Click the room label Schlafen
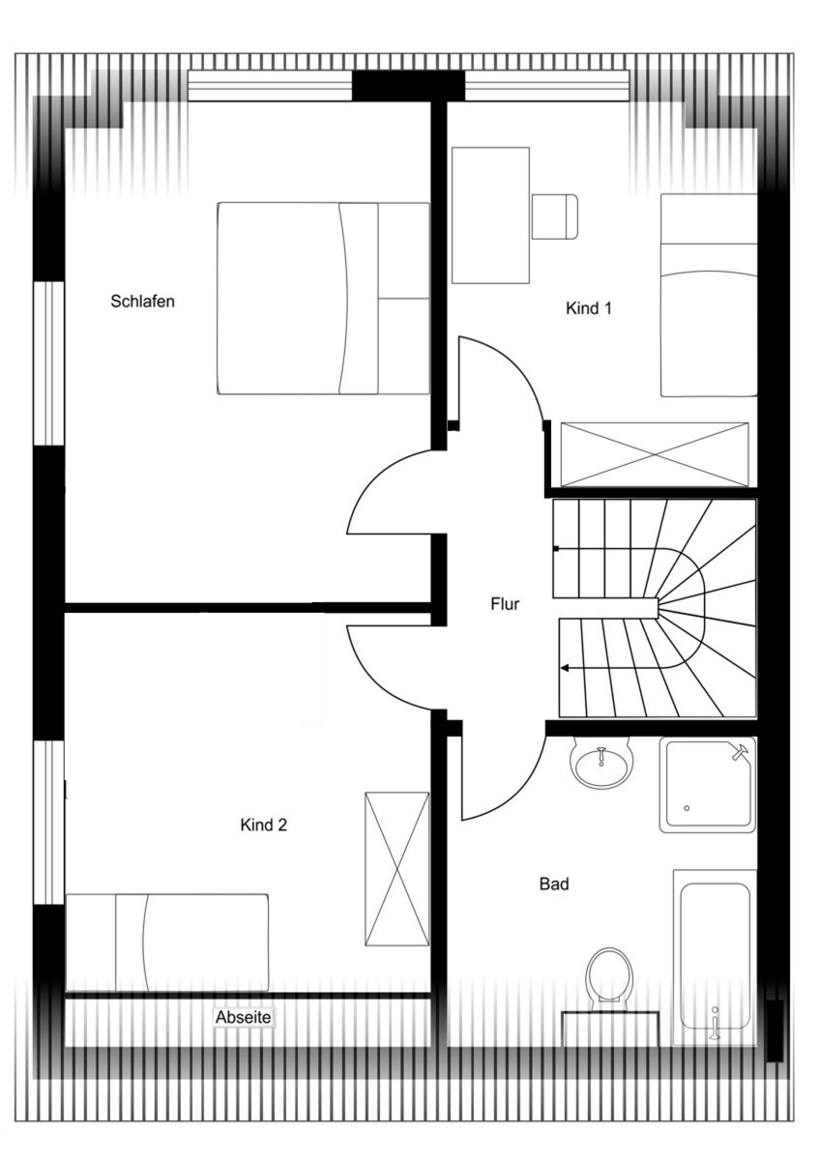142,302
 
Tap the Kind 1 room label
589,308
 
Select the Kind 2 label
263,825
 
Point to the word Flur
505,604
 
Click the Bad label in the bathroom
554,884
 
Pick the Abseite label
244,1018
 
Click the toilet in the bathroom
609,976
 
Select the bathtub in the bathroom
715,957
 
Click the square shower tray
708,785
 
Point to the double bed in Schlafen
323,299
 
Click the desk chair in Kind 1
555,217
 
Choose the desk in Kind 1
490,216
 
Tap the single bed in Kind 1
709,295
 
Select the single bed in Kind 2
167,942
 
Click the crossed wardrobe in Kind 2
397,869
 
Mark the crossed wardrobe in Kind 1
655,454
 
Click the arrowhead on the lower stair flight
565,668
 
